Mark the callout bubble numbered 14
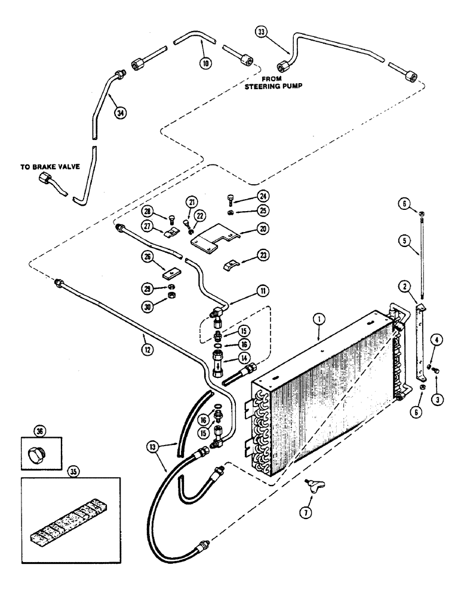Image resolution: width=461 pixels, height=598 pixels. click(244, 358)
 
